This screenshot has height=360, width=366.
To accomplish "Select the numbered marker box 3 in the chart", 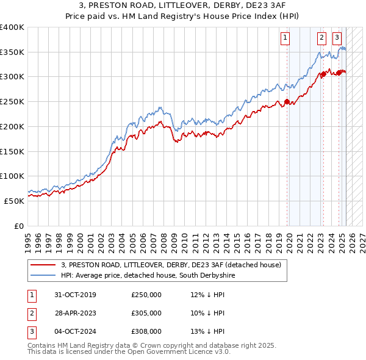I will [x=337, y=37].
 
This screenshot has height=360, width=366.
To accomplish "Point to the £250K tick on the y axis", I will [x=12, y=101].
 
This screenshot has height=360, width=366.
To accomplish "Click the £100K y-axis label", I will [x=12, y=176].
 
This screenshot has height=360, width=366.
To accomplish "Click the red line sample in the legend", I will [x=43, y=265].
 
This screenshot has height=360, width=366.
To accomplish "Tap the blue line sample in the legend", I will [x=43, y=276].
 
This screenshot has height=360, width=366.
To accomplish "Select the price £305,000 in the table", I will [x=146, y=313].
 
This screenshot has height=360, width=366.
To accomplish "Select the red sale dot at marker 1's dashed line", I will [x=287, y=102].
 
